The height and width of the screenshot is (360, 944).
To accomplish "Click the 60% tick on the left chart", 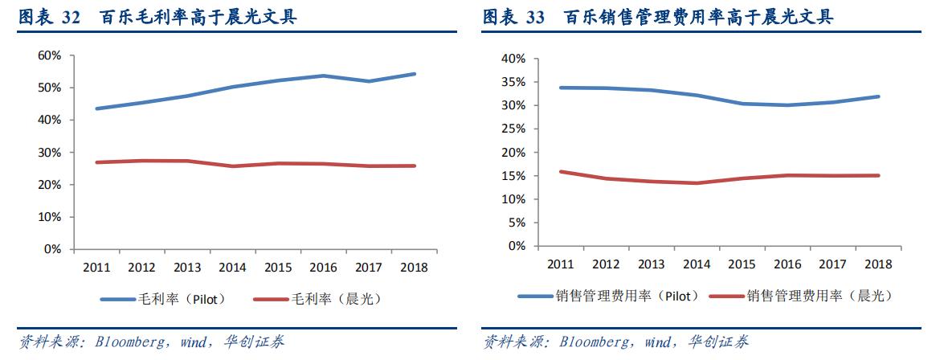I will coord(50,55).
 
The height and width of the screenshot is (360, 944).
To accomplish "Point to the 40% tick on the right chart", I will coord(513,59).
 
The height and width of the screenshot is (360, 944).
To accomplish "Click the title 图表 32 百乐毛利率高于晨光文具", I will coord(157,16).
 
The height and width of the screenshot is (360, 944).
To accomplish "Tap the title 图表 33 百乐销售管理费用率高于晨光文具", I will coord(657,16).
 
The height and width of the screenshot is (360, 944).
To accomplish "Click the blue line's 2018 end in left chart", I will coord(415,74).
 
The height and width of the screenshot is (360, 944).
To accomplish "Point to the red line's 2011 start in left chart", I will coord(96,162).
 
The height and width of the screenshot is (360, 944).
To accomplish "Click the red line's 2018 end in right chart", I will coord(880,175).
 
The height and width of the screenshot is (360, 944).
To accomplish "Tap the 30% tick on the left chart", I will coord(50,153).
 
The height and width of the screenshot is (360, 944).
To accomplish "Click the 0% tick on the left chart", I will coord(53,250).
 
